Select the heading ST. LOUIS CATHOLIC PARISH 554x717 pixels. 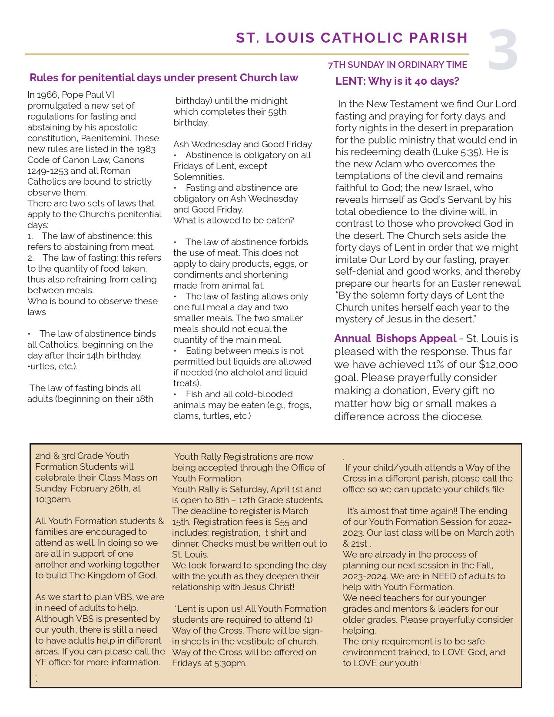click(352, 38)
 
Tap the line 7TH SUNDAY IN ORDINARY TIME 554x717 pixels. click(397, 65)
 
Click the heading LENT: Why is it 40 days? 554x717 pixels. click(397, 82)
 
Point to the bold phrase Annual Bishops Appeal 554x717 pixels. click(395, 339)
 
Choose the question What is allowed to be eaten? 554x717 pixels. click(233, 220)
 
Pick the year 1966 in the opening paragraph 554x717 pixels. click(48, 95)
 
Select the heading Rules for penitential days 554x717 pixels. click(163, 78)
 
